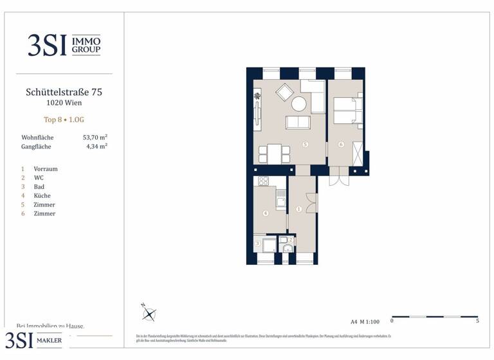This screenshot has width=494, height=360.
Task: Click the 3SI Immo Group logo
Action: (x=64, y=44)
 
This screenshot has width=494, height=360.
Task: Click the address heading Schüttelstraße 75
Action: (x=64, y=92)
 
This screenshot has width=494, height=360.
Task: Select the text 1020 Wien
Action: (x=64, y=103)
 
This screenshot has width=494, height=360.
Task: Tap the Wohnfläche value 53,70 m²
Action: (x=95, y=138)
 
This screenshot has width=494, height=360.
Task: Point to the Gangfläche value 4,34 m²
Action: (x=96, y=147)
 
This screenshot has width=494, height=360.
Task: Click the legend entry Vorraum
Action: (x=46, y=169)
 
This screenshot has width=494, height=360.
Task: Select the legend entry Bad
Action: (x=39, y=186)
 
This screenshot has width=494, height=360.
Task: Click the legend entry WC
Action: (x=39, y=177)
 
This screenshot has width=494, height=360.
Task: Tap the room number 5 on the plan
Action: (x=306, y=145)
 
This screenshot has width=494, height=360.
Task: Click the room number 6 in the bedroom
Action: (x=341, y=145)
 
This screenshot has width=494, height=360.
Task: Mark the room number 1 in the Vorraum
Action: (x=298, y=209)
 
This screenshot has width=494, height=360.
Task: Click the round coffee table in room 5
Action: (x=299, y=104)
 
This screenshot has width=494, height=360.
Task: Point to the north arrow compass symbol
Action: (x=149, y=314)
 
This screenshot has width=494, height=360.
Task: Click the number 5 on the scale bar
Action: (x=477, y=321)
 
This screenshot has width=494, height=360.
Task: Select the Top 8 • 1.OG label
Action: (x=64, y=120)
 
